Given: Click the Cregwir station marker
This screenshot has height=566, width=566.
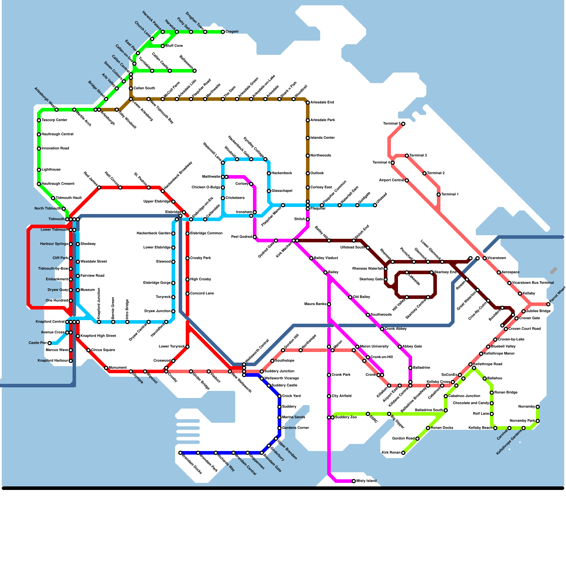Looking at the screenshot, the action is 223,32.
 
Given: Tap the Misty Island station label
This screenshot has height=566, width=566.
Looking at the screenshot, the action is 366,481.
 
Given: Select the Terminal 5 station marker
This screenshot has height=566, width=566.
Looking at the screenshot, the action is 403,124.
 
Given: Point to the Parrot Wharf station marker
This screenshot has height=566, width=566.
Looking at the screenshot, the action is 548,304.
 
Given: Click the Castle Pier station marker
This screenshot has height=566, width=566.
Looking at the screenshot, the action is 50,343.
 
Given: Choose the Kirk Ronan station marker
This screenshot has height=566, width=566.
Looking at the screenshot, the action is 403,453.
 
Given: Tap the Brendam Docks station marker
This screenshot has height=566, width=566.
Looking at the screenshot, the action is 180,453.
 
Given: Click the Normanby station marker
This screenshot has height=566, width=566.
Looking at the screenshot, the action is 538,407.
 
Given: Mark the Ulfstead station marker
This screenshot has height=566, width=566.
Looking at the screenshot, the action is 375,205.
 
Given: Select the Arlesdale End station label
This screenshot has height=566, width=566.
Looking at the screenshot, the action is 322,103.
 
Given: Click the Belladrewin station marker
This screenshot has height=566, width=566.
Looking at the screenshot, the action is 195,71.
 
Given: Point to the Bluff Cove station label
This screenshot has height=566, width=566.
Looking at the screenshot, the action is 174,46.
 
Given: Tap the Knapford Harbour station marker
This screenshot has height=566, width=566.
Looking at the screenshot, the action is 71,361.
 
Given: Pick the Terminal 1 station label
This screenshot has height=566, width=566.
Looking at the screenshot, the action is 450,195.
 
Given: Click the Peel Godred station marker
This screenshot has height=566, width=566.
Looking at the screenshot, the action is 255,237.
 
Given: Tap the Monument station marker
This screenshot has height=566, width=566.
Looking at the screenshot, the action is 106,368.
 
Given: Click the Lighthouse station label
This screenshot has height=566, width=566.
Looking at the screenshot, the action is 51,170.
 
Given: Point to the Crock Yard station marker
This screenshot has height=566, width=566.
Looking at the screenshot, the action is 279,396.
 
